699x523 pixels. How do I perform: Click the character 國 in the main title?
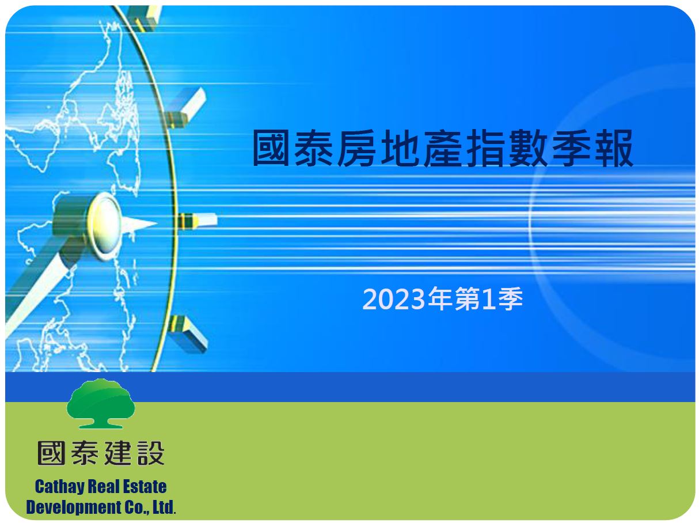[271, 149]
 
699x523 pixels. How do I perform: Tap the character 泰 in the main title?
[314, 149]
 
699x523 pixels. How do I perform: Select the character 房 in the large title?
[356, 149]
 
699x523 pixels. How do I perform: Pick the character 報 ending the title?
[614, 149]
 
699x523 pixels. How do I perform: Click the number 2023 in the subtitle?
[394, 299]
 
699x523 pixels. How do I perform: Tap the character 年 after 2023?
[440, 298]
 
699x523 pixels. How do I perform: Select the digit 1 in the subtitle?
[489, 299]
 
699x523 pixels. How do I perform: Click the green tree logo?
[101, 404]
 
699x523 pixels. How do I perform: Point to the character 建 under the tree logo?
[117, 453]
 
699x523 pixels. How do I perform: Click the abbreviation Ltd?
[164, 507]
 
